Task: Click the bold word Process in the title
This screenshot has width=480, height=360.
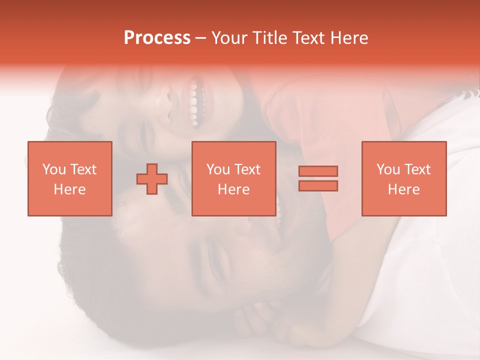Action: [x=157, y=38]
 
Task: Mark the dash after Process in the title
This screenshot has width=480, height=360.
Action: [x=201, y=38]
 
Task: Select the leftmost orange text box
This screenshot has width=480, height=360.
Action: [x=69, y=178]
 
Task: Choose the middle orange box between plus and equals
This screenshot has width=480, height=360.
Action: [x=233, y=178]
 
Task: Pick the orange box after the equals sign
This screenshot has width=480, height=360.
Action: [x=403, y=178]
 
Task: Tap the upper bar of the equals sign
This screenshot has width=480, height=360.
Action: [x=318, y=171]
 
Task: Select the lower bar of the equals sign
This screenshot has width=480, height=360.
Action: [x=318, y=186]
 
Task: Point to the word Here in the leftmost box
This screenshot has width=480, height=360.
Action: [x=69, y=189]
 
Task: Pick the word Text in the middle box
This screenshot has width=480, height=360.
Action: [x=248, y=169]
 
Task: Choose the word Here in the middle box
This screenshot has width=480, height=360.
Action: [x=233, y=189]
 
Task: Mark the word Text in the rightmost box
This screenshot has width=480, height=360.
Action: [x=418, y=169]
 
